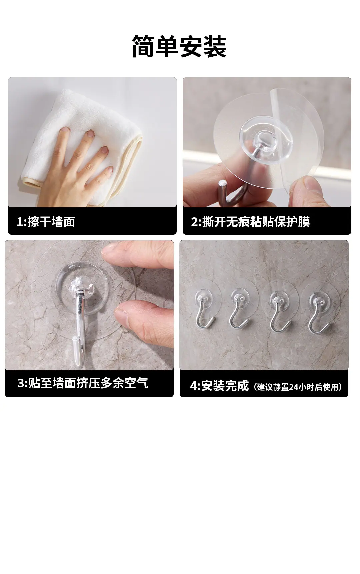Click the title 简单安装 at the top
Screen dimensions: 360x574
tap(179, 46)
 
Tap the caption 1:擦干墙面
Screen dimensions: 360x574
tap(46, 222)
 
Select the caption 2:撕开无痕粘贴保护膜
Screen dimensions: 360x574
tap(250, 222)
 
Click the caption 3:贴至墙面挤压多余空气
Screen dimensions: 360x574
tap(83, 383)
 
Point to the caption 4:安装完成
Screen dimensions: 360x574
tap(219, 386)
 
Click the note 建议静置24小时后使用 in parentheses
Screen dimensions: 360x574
tap(298, 387)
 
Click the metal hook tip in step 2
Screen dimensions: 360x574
tap(222, 185)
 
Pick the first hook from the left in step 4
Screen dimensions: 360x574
tap(204, 310)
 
